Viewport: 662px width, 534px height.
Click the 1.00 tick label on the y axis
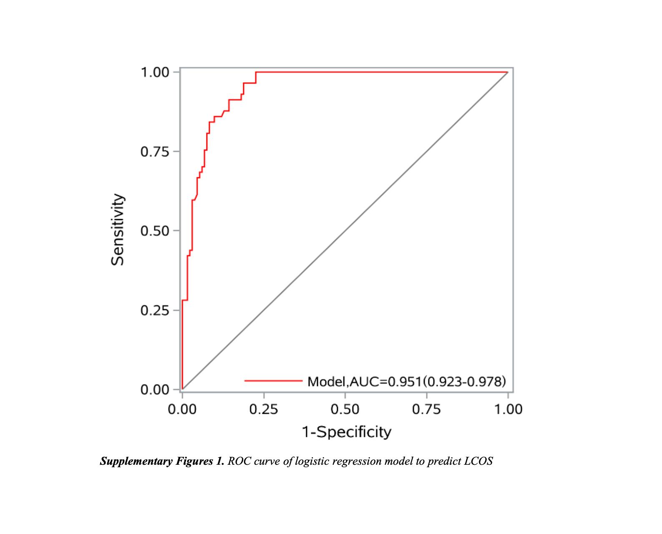155,73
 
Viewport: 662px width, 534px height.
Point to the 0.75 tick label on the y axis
155,152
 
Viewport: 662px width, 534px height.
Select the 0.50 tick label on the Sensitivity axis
155,231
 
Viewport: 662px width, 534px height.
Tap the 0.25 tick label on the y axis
155,311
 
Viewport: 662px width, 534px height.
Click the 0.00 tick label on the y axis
155,390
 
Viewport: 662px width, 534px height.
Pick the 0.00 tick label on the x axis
182,410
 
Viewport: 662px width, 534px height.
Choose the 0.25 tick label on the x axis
264,410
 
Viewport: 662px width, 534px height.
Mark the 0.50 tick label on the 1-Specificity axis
345,410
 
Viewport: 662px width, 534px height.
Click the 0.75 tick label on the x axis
426,410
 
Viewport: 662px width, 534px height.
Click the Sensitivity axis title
118,229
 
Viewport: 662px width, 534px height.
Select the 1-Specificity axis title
346,432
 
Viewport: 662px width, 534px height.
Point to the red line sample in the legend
273,381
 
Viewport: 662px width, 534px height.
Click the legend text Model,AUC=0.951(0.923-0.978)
406,381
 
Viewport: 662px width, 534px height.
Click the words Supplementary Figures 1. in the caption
162,461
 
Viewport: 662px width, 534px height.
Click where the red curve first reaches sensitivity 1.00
256,72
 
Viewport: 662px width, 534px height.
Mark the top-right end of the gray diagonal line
508,72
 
